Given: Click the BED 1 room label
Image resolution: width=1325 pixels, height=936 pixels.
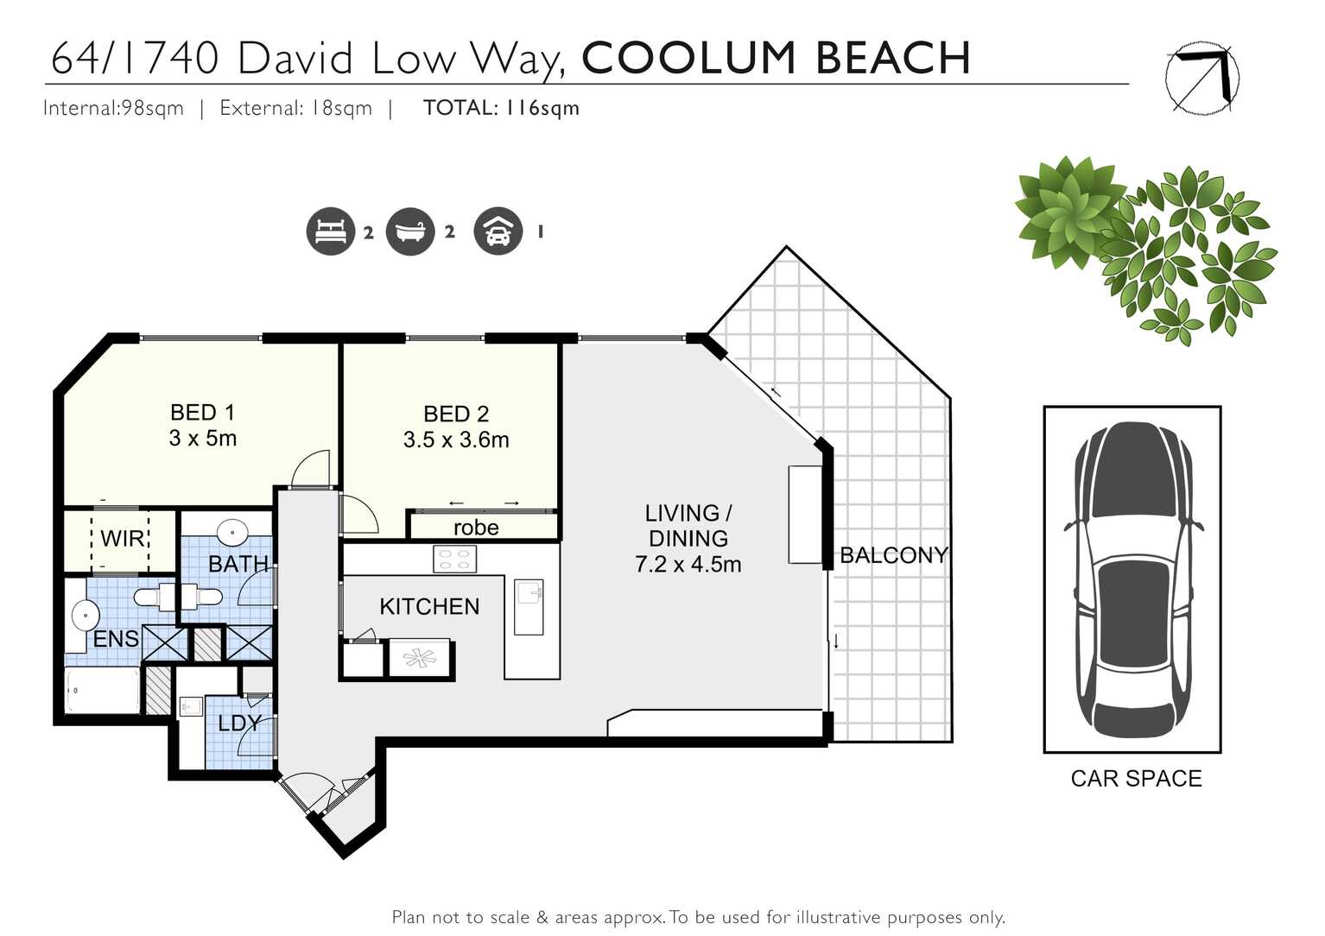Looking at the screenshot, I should pos(202,413).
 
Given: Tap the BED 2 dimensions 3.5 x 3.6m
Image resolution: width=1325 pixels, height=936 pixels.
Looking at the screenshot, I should pos(456,440).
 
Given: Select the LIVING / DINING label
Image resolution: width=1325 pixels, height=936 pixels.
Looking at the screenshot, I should pos(688,526).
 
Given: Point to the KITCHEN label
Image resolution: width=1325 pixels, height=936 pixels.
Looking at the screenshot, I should pos(429,607).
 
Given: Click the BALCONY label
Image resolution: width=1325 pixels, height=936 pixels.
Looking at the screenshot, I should pos(893,555).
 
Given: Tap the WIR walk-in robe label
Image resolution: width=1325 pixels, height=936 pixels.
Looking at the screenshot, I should pos(122,539).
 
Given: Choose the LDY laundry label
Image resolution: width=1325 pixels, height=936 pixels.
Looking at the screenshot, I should pos(238,724).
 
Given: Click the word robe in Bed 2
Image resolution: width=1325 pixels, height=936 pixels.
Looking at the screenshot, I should pos(476,528).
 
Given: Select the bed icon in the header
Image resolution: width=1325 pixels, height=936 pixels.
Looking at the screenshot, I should pos(330,231).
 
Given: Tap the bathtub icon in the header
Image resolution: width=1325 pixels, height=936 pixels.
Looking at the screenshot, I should pos(410,231).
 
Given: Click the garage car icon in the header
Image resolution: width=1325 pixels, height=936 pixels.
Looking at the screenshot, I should pos(498,231).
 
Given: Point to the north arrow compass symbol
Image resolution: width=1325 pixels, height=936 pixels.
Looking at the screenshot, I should pos(1201,78).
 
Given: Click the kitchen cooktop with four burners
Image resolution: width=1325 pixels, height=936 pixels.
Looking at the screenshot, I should pos(454,560).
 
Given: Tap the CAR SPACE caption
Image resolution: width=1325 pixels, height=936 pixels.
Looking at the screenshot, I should pos(1136,779).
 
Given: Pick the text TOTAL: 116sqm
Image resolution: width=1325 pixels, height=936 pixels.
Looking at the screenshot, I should pos(501,108).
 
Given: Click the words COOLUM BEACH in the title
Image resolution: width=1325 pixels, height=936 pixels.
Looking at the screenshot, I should pos(776,58).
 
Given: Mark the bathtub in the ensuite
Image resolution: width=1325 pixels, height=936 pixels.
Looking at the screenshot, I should pos(103,691).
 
